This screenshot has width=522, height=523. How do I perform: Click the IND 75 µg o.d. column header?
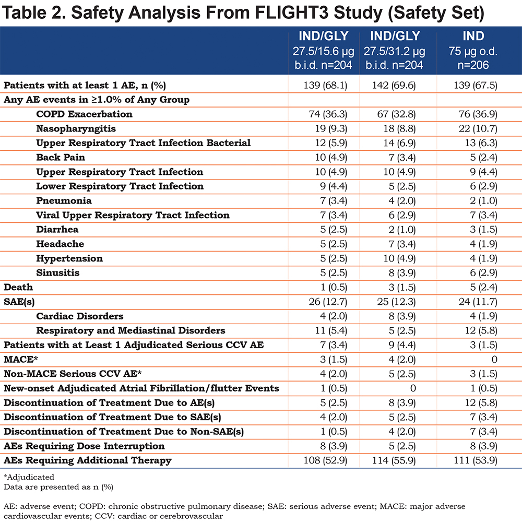pos(473,50)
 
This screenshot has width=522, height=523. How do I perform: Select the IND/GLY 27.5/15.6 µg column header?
pos(323,50)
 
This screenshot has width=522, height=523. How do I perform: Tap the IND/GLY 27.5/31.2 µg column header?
pos(394,50)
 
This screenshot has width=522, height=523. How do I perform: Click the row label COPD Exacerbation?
pos(84,114)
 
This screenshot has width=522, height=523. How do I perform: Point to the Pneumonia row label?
pos(64,200)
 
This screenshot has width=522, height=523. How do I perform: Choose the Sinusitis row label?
pos(58,272)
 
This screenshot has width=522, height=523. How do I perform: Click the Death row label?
pos(18,287)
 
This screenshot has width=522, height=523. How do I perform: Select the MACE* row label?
pos(21,359)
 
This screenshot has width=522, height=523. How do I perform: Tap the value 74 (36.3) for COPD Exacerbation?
pos(328,114)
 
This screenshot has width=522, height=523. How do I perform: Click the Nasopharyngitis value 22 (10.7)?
pos(478,128)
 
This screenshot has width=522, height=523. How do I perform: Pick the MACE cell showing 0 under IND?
pos(494,359)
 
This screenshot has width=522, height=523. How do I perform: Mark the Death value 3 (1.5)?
pos(402,287)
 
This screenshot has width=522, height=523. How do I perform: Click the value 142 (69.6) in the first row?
pos(394,86)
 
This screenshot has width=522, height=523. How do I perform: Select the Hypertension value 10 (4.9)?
pos(399,258)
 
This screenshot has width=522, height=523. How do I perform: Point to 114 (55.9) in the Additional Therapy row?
pos(394,460)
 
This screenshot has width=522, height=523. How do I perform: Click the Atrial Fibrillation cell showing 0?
pos(412,388)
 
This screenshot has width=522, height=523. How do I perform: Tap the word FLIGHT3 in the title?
pos(292,13)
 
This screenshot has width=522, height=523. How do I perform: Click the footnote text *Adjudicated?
pos(29,477)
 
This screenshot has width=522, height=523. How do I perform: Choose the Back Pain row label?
pos(61,157)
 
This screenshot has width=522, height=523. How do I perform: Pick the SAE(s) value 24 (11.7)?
pos(478,302)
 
